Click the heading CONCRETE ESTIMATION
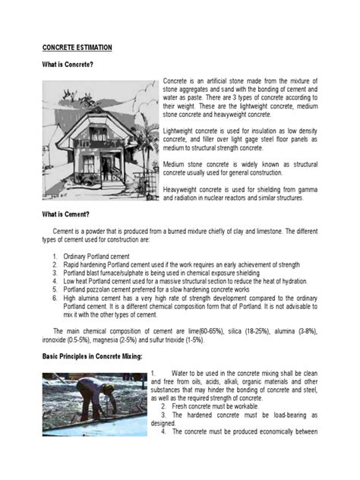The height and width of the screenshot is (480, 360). pos(77,47)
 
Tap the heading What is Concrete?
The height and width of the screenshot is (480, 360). pos(68,65)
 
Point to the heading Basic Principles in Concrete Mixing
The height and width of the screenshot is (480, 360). pos(92,356)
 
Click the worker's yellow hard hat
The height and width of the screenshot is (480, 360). pos(109,388)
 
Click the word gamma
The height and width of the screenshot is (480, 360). pos(306,189)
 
